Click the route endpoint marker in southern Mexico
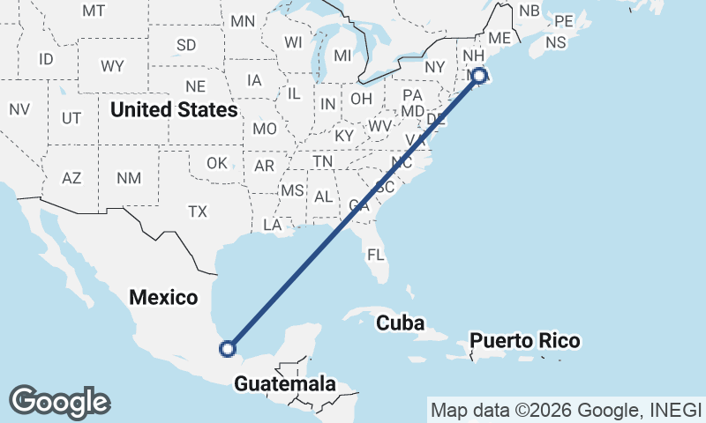[x=228, y=348]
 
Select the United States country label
[x=174, y=110]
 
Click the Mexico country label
[x=163, y=297]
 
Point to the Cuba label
[x=401, y=323]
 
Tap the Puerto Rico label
[x=524, y=340]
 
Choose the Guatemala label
[x=285, y=384]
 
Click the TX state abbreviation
[x=197, y=211]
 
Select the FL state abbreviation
[x=377, y=256]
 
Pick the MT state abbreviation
[x=94, y=11]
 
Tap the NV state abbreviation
[x=19, y=109]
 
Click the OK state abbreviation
[x=217, y=163]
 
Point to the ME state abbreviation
[x=499, y=38]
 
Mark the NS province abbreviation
[x=555, y=42]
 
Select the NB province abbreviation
[x=529, y=10]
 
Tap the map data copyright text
[x=566, y=410]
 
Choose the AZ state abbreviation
[x=71, y=178]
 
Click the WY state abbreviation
[x=112, y=66]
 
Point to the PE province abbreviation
[x=563, y=20]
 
